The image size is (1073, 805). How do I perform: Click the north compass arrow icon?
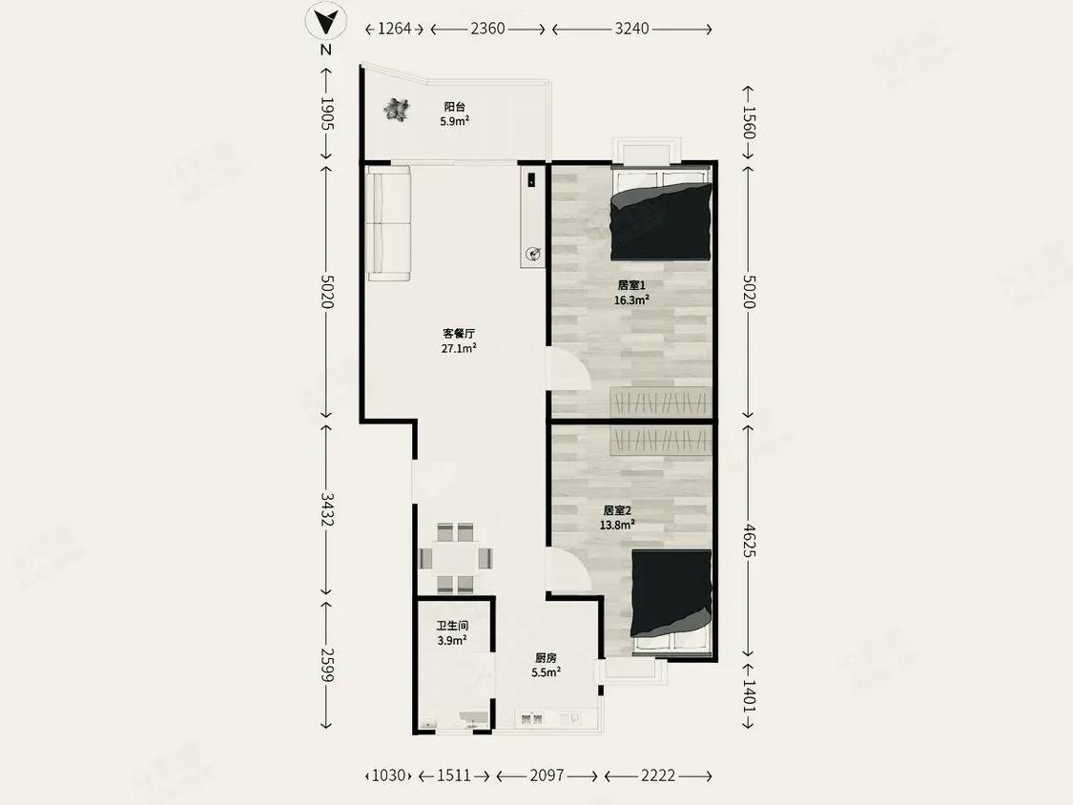326,21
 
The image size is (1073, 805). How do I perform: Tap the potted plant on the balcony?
397,112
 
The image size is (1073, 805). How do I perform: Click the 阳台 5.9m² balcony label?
454,114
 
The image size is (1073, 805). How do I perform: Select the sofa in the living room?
389,223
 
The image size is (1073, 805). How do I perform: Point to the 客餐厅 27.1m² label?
459,341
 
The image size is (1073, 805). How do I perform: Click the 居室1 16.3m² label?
631,292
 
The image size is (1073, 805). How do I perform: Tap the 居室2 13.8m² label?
618,517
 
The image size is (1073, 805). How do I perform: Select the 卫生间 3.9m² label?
452,633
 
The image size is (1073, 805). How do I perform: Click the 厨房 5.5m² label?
546,664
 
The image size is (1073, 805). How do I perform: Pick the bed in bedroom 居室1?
662,218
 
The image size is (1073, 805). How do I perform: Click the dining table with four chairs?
456,557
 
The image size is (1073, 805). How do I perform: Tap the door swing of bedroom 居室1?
567,370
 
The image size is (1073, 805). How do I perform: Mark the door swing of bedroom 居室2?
567,572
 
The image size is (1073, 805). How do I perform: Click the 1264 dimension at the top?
394,29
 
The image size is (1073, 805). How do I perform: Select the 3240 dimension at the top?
631,29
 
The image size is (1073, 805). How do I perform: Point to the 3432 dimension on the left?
326,511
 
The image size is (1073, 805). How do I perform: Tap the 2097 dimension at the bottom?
547,775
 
